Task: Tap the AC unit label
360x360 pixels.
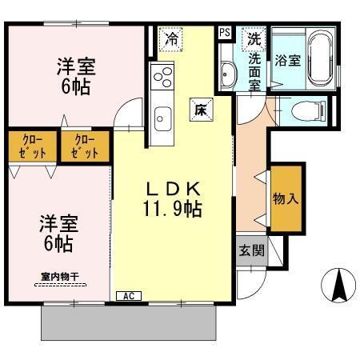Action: pos(128,295)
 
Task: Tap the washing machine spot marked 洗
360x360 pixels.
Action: pos(253,38)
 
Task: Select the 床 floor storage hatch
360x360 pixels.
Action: pos(200,110)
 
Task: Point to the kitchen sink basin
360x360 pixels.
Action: pos(163,116)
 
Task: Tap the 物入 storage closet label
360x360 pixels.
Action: pos(286,197)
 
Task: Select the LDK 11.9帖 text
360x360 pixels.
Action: pos(172,199)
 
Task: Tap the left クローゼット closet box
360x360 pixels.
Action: pos(32,146)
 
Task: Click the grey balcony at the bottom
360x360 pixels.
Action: pos(128,323)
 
